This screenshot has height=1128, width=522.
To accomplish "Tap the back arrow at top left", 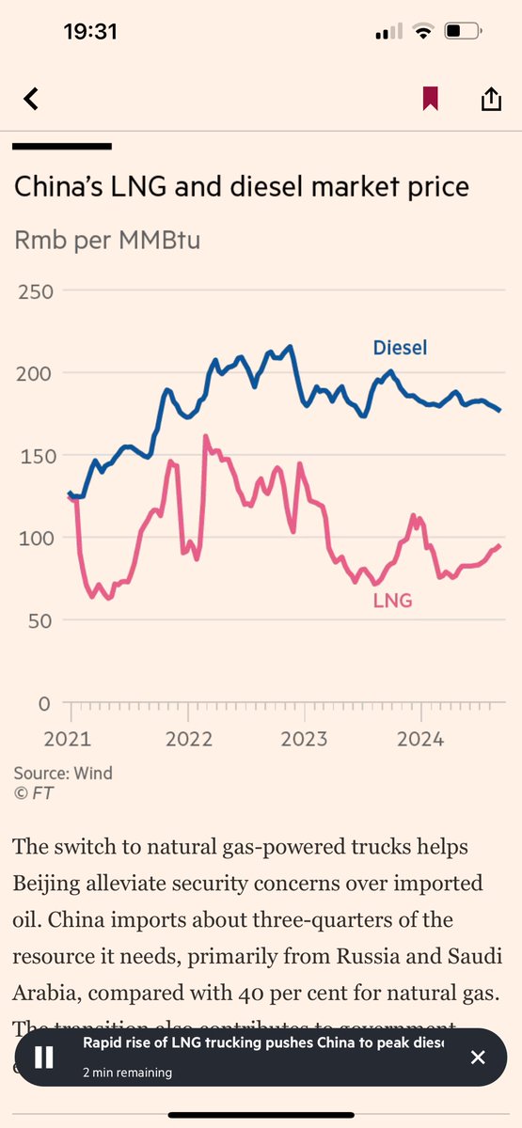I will (x=31, y=99).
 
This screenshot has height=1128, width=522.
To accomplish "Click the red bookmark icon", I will (x=430, y=99).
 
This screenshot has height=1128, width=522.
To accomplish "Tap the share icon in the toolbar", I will (x=490, y=99).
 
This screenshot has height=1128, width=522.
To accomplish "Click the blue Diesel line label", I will (x=400, y=348).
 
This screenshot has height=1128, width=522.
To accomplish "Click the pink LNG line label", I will (x=392, y=600).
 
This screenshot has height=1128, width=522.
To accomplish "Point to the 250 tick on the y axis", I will (x=34, y=291).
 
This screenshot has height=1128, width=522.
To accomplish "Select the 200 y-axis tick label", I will (x=34, y=373).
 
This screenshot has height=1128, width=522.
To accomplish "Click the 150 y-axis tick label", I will (x=34, y=456).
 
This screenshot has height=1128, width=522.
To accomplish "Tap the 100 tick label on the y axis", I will (x=34, y=538).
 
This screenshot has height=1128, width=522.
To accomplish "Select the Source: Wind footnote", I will (x=63, y=773).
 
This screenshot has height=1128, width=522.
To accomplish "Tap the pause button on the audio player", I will (x=44, y=1057).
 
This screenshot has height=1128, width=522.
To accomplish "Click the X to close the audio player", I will (x=478, y=1057).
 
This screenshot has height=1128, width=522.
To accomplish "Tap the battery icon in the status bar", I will (x=460, y=32).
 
